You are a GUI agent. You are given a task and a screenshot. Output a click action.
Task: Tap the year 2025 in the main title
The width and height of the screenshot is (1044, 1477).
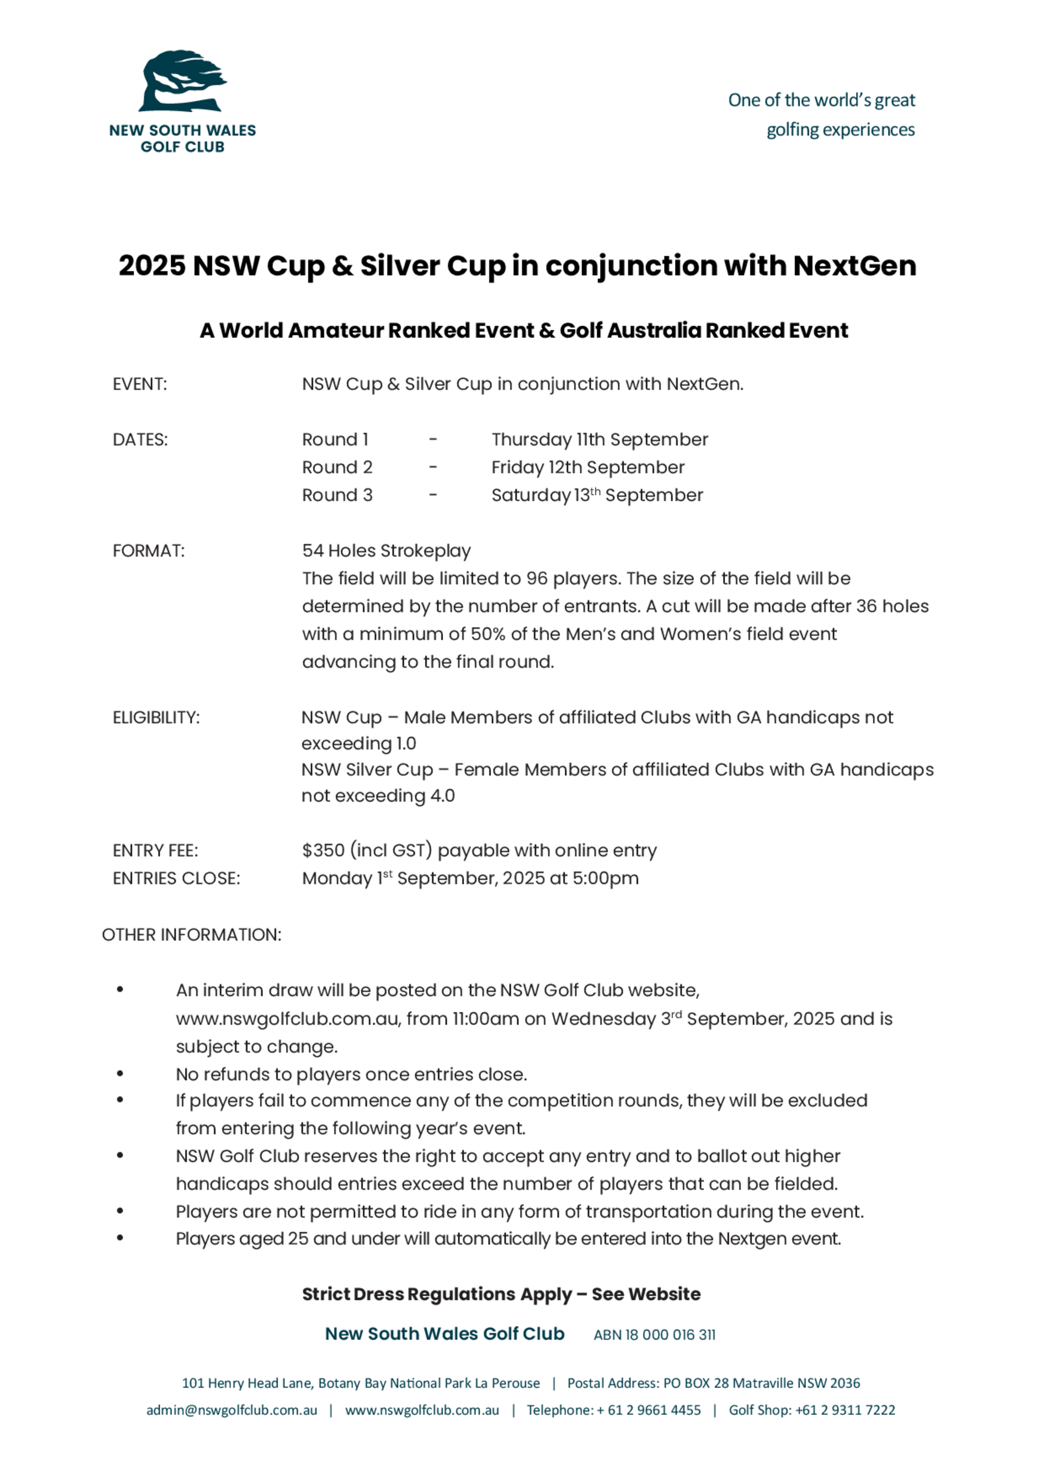(x=152, y=266)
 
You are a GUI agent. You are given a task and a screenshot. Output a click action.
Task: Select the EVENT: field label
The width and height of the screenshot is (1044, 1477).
(x=139, y=384)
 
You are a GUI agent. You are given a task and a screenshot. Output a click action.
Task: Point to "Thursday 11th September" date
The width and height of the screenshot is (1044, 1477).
(x=599, y=440)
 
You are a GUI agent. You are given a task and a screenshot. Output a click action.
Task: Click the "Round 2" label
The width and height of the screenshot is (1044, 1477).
(x=337, y=467)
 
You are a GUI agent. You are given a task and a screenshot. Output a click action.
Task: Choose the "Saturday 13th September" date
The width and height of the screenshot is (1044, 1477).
(x=597, y=495)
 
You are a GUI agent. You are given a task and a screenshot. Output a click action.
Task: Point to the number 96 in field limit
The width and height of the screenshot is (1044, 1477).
(x=537, y=578)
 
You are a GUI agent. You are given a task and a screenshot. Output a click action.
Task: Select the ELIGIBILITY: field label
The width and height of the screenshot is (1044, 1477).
(x=156, y=717)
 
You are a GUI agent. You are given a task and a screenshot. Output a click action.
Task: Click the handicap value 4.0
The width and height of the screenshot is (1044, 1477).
(x=443, y=796)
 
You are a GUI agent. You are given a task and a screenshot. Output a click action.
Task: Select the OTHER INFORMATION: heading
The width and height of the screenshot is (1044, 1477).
(x=192, y=935)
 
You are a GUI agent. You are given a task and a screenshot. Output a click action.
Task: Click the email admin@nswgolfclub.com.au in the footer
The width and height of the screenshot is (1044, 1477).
(x=232, y=1410)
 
